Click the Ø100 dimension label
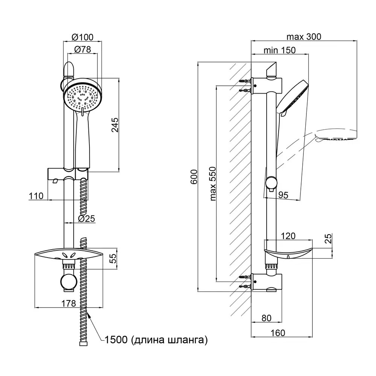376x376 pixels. click(x=82, y=37)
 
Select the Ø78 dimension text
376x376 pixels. click(x=82, y=49)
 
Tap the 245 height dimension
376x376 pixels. click(x=115, y=125)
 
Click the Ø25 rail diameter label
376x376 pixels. click(x=86, y=218)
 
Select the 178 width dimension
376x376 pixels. click(x=69, y=303)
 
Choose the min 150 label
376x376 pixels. click(x=279, y=50)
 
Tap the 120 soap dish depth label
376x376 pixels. click(x=288, y=236)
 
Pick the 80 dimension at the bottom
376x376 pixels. click(x=266, y=318)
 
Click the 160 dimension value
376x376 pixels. click(x=277, y=333)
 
